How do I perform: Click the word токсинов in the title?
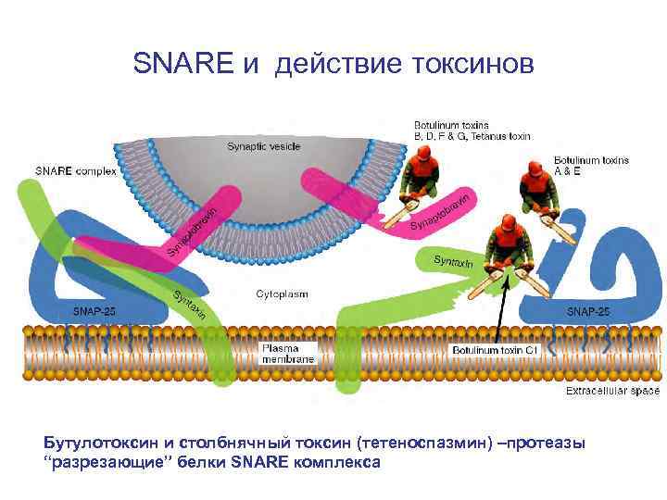point(468,64)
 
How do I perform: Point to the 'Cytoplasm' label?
point(282,294)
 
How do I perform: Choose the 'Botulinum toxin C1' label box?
point(495,352)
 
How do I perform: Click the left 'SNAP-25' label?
point(94,311)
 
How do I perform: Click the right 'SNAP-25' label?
point(587,312)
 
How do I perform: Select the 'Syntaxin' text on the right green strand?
point(453,263)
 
